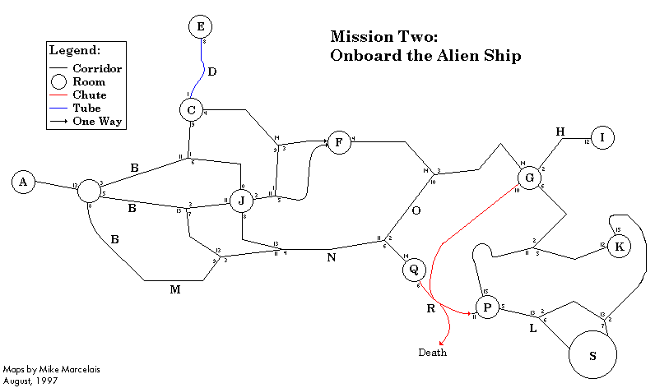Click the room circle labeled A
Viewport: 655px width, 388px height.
coord(24,182)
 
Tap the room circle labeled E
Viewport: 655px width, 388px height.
coord(199,27)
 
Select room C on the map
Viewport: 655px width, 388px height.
coord(191,109)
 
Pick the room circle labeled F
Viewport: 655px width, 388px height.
coord(338,142)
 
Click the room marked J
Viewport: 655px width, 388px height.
coord(241,200)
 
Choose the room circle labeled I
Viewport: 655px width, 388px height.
coord(602,137)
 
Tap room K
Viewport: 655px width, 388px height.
coord(620,246)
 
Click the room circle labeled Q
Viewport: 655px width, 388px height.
coord(414,269)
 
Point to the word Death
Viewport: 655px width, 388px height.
coord(433,353)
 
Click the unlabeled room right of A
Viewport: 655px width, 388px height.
coord(88,193)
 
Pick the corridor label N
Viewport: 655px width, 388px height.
coord(332,257)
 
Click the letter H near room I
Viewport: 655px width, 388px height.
coord(560,132)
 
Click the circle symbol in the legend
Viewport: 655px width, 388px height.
coord(58,81)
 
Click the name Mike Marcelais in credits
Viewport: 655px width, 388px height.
coord(52,370)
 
